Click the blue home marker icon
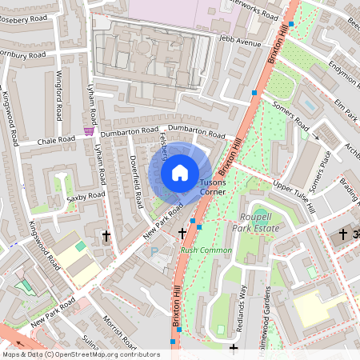point(180,171)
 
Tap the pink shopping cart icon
point(89,131)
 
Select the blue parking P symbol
point(154,251)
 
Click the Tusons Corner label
point(213,187)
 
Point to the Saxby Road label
point(86,195)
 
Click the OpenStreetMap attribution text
point(80,354)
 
